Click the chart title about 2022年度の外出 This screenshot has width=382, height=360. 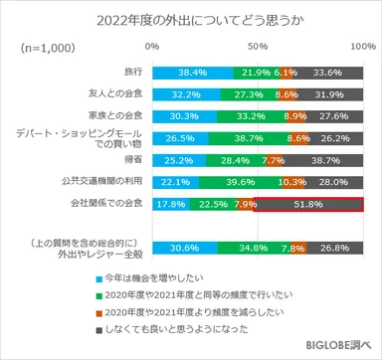191,20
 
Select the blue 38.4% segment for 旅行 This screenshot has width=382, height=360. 192,73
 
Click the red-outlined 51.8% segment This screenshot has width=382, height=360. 308,206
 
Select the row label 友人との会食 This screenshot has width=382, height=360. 116,94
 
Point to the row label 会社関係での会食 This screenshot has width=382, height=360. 107,206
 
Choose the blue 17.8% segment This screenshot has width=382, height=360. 170,206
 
